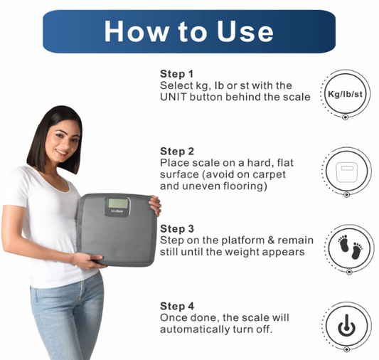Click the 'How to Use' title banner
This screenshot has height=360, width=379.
(x=188, y=31)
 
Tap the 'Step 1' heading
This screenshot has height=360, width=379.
(x=177, y=74)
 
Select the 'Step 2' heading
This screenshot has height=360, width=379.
(x=177, y=151)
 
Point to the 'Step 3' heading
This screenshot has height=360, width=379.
(x=177, y=228)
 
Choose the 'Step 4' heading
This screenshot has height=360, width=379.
(x=177, y=305)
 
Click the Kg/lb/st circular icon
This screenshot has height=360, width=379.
(x=345, y=95)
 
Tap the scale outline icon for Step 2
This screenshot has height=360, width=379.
(x=345, y=172)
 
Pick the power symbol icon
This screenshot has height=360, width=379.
(x=345, y=327)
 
